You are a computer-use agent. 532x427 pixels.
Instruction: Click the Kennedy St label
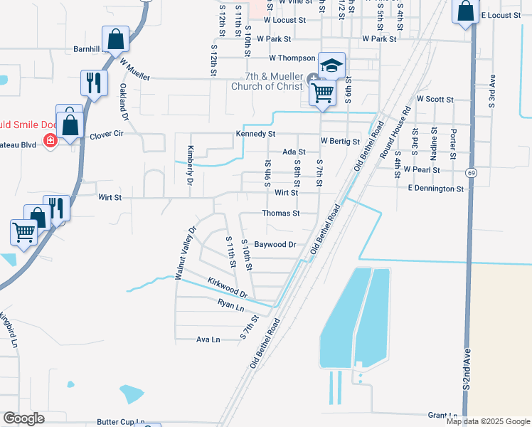click(255, 134)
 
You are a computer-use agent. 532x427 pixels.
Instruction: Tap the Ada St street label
click(294, 152)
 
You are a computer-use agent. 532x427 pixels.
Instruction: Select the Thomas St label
click(280, 213)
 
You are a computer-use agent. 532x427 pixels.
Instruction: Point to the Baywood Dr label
click(275, 244)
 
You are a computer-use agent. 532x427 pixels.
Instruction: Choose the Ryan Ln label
click(231, 305)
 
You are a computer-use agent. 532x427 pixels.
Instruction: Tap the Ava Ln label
click(208, 340)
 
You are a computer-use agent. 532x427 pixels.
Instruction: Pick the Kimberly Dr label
click(191, 162)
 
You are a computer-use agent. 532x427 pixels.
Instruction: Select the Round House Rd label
click(395, 133)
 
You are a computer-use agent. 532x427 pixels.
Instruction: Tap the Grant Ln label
click(441, 415)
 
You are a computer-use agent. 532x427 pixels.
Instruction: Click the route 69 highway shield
click(471, 173)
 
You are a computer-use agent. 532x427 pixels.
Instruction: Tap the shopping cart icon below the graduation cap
click(322, 92)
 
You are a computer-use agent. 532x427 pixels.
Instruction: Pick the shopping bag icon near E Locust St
click(465, 11)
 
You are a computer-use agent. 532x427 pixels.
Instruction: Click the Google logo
click(23, 418)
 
